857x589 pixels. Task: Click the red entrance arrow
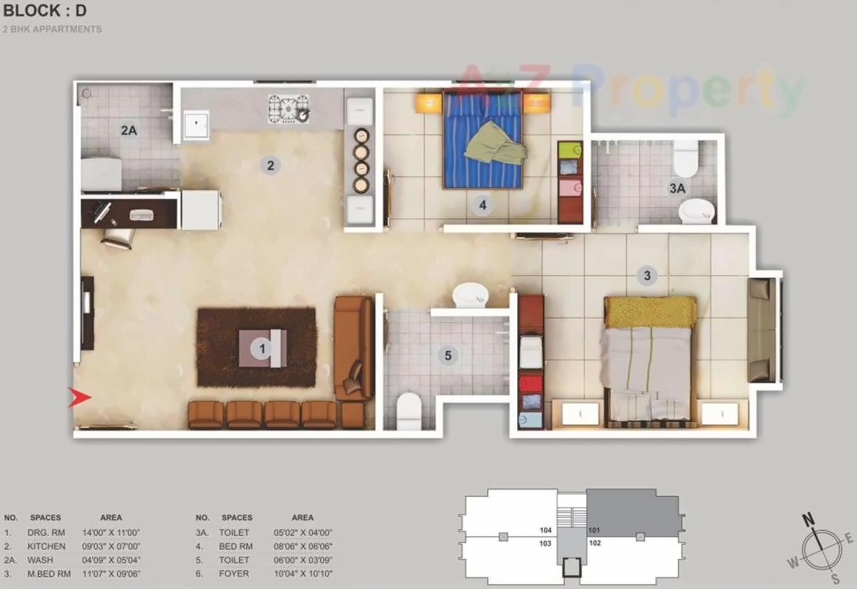(x=79, y=398)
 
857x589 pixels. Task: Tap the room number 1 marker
(x=262, y=348)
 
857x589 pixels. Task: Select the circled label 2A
(x=128, y=130)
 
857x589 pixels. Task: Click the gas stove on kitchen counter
(x=289, y=109)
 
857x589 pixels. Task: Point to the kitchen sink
(x=196, y=126)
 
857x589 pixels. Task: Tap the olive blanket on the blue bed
(x=496, y=144)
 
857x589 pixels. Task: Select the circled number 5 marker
(x=447, y=355)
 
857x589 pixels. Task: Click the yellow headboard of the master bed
(x=650, y=310)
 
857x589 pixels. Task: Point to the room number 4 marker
(x=482, y=205)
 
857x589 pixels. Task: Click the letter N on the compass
(x=809, y=519)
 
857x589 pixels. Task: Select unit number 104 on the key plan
(x=546, y=530)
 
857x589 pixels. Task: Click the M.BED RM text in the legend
(x=49, y=573)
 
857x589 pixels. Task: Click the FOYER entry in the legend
(x=234, y=573)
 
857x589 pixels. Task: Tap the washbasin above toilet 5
(x=469, y=293)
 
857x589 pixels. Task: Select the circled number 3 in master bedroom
(x=646, y=275)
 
